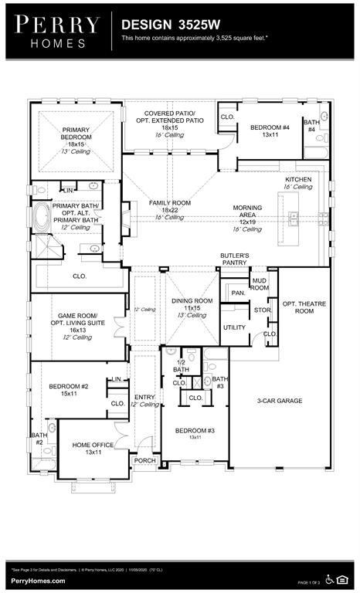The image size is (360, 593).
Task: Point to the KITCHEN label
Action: pos(298,179)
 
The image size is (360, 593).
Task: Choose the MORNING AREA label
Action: pos(247,212)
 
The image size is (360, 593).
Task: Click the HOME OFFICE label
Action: pos(93,446)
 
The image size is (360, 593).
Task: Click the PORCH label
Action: pos(144,460)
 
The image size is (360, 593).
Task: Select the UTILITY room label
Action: pos(234,327)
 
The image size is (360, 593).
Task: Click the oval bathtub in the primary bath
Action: pos(41,218)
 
